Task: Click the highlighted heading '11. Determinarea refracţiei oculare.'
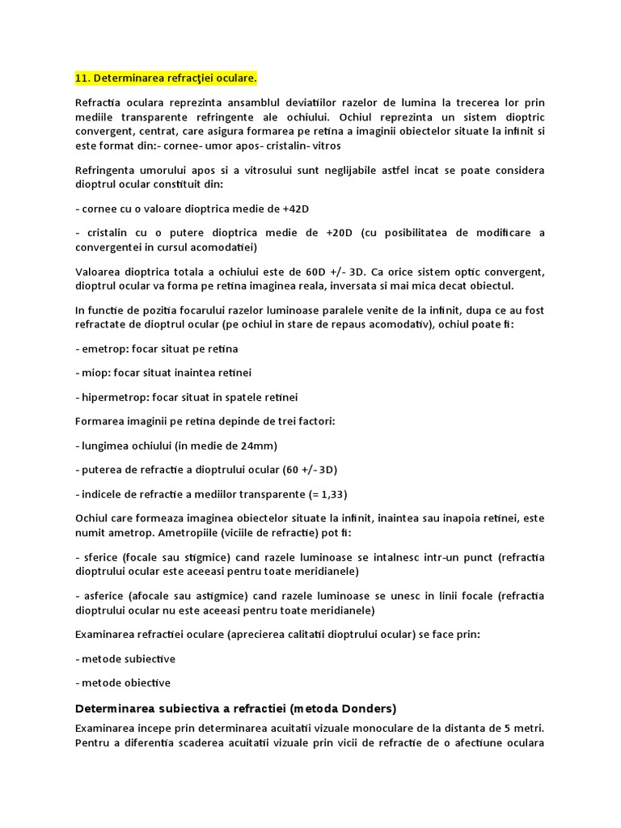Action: (x=165, y=78)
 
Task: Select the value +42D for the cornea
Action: (x=296, y=209)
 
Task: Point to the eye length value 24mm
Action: (x=263, y=446)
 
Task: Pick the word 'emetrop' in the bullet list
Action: (x=103, y=349)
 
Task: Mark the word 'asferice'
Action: (x=102, y=596)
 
